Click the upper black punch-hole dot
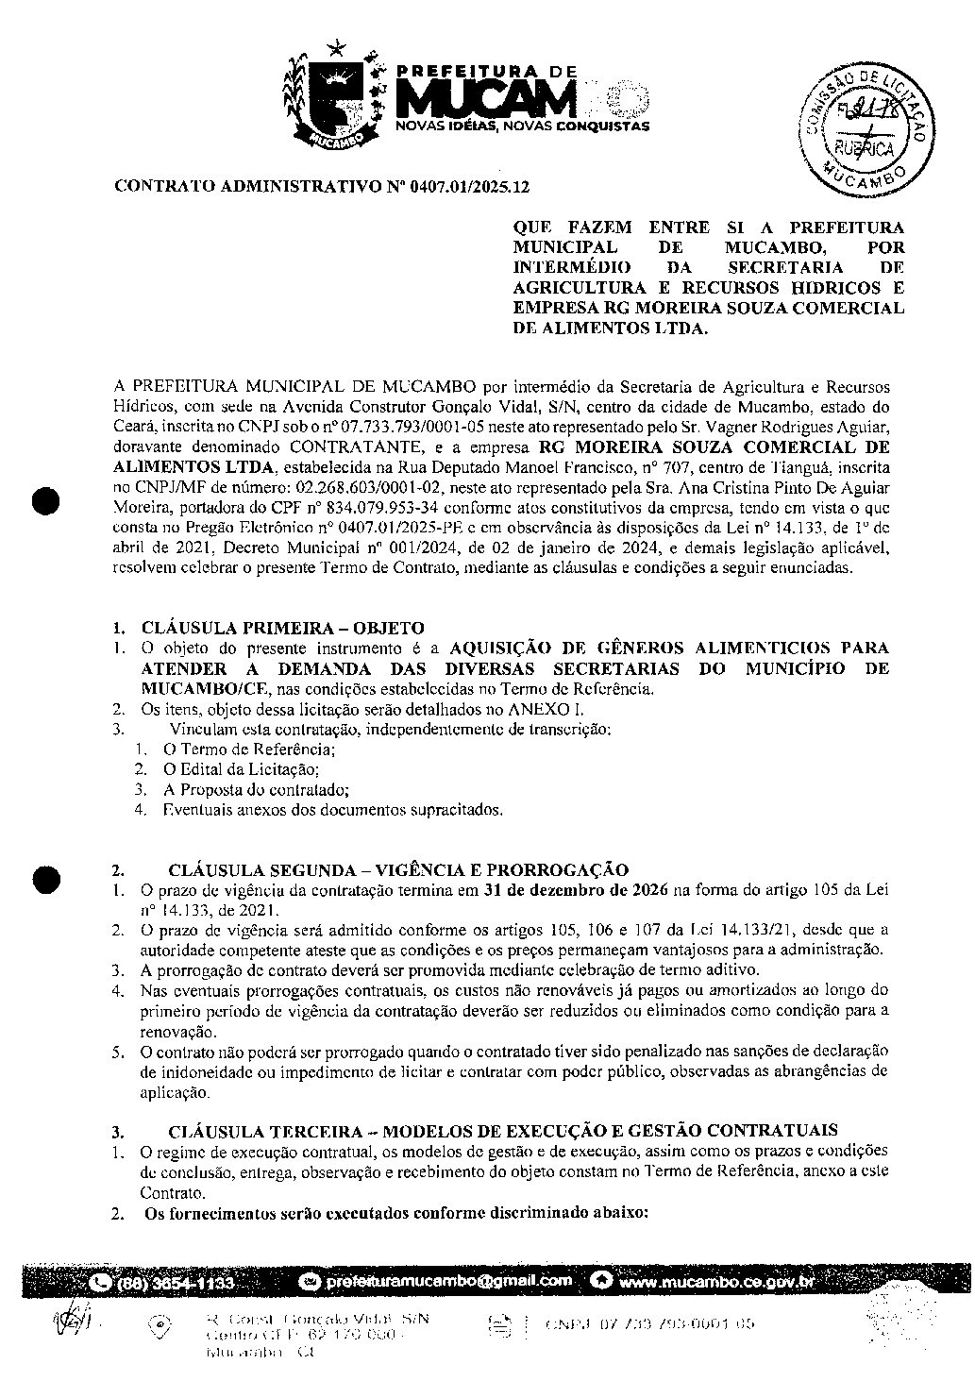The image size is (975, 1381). [x=46, y=499]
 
